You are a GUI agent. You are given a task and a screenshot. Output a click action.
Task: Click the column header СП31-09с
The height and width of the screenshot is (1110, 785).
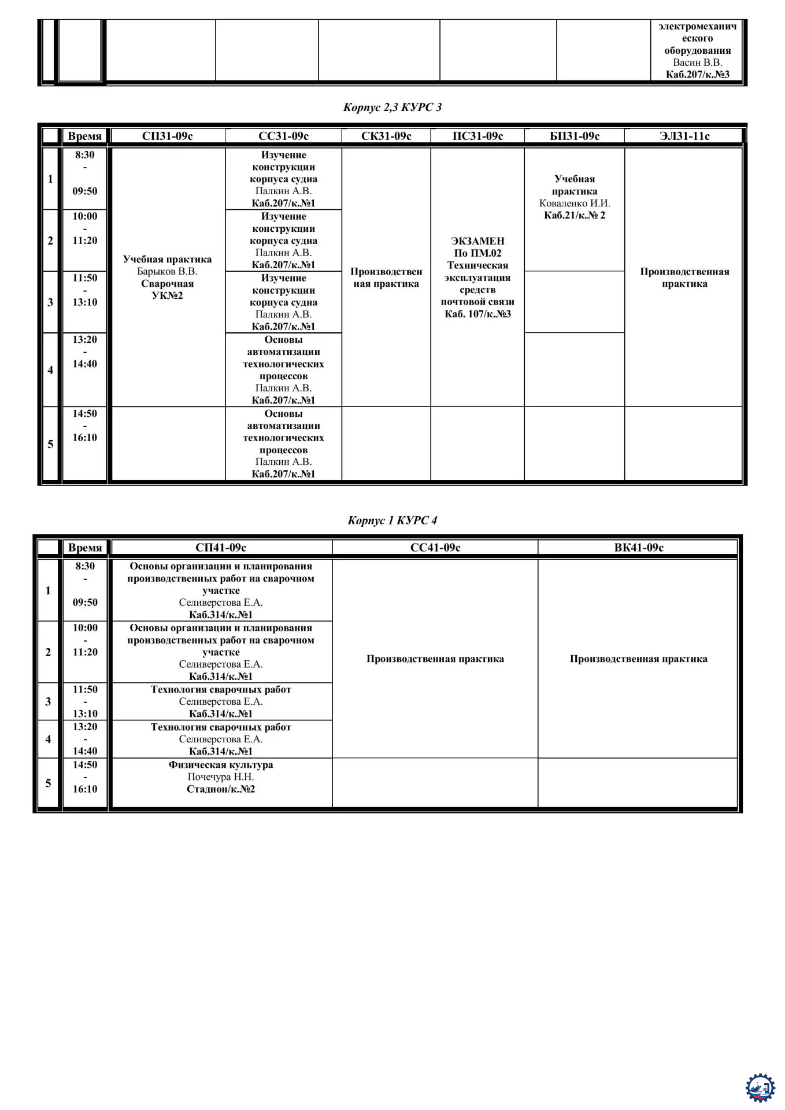click(167, 136)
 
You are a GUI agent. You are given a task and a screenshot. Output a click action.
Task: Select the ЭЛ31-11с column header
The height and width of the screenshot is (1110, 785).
click(684, 136)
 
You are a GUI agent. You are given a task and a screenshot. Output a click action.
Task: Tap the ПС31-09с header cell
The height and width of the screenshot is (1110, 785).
click(477, 136)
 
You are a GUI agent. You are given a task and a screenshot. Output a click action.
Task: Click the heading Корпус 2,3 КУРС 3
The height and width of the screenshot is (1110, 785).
click(392, 107)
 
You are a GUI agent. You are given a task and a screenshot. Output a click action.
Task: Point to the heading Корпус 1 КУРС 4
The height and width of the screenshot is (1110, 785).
click(392, 520)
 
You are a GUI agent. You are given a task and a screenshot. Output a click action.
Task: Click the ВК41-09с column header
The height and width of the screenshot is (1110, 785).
click(639, 547)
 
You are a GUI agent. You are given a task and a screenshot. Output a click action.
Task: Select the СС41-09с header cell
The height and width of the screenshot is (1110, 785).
click(435, 547)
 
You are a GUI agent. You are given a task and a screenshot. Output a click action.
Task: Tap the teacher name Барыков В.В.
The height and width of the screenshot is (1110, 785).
click(167, 272)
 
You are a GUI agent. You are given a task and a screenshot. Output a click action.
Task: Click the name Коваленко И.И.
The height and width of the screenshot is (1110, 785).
click(575, 203)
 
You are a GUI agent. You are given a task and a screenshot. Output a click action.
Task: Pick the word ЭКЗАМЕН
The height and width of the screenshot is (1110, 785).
click(477, 241)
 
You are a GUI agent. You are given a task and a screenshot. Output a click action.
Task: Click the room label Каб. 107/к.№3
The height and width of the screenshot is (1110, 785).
click(477, 314)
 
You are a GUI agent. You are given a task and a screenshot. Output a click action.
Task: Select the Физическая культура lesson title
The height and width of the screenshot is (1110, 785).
click(221, 765)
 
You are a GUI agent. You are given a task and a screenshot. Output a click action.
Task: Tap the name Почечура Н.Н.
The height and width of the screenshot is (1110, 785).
click(221, 777)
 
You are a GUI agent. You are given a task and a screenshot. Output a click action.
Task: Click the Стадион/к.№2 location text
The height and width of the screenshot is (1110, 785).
click(221, 789)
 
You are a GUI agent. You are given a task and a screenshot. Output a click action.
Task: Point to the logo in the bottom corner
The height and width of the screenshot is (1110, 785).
click(760, 1088)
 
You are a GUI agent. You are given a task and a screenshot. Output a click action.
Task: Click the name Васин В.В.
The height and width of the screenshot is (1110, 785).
click(697, 62)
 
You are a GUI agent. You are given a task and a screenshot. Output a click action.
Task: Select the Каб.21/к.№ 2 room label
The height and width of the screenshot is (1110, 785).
click(575, 216)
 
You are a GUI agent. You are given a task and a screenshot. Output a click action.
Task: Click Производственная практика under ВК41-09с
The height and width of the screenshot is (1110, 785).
click(639, 659)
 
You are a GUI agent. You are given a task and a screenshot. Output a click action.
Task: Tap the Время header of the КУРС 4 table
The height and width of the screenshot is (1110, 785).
click(85, 547)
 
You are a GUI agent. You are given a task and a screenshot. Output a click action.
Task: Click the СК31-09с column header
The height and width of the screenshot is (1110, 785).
click(386, 136)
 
